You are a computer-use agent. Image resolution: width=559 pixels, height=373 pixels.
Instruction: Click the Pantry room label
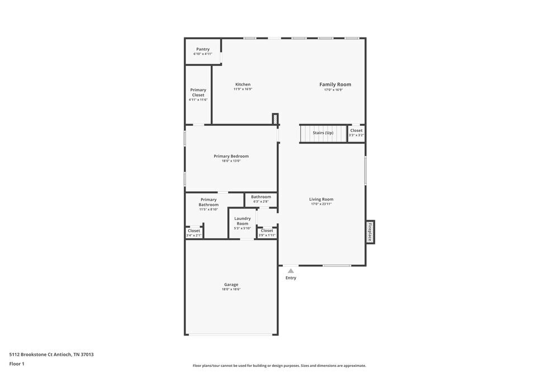203,49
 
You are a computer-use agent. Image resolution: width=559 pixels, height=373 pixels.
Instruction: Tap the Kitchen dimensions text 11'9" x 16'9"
243,89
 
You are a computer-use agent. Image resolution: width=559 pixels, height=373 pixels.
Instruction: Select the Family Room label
335,84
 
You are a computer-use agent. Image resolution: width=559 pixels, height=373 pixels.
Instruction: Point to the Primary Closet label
198,92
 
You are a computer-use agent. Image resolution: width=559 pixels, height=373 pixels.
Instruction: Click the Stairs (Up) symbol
323,133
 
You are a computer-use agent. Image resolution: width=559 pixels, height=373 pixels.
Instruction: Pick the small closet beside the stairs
356,133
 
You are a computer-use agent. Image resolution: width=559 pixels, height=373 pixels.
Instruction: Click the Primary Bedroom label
231,156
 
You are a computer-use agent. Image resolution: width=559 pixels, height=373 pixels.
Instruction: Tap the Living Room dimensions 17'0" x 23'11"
321,204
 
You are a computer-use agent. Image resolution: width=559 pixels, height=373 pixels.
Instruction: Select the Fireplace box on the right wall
369,232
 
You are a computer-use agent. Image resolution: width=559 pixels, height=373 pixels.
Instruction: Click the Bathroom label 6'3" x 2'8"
261,197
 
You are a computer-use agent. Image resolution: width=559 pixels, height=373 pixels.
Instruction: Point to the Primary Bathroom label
209,202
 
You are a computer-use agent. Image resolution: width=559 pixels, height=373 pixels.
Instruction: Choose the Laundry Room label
243,221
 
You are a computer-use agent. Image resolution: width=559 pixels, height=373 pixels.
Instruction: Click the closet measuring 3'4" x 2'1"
194,233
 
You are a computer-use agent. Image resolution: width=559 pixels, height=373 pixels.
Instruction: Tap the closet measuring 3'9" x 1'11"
267,233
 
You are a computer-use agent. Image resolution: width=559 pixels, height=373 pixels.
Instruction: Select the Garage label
231,285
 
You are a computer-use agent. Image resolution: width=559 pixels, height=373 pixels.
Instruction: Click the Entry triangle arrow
291,271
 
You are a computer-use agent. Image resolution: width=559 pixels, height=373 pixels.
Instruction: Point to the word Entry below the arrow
291,278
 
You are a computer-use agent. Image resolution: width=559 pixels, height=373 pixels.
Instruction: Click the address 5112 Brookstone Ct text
51,354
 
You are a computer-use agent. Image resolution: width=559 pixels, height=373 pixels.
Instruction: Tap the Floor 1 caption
17,363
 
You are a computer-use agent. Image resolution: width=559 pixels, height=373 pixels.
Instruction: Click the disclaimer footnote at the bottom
279,366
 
